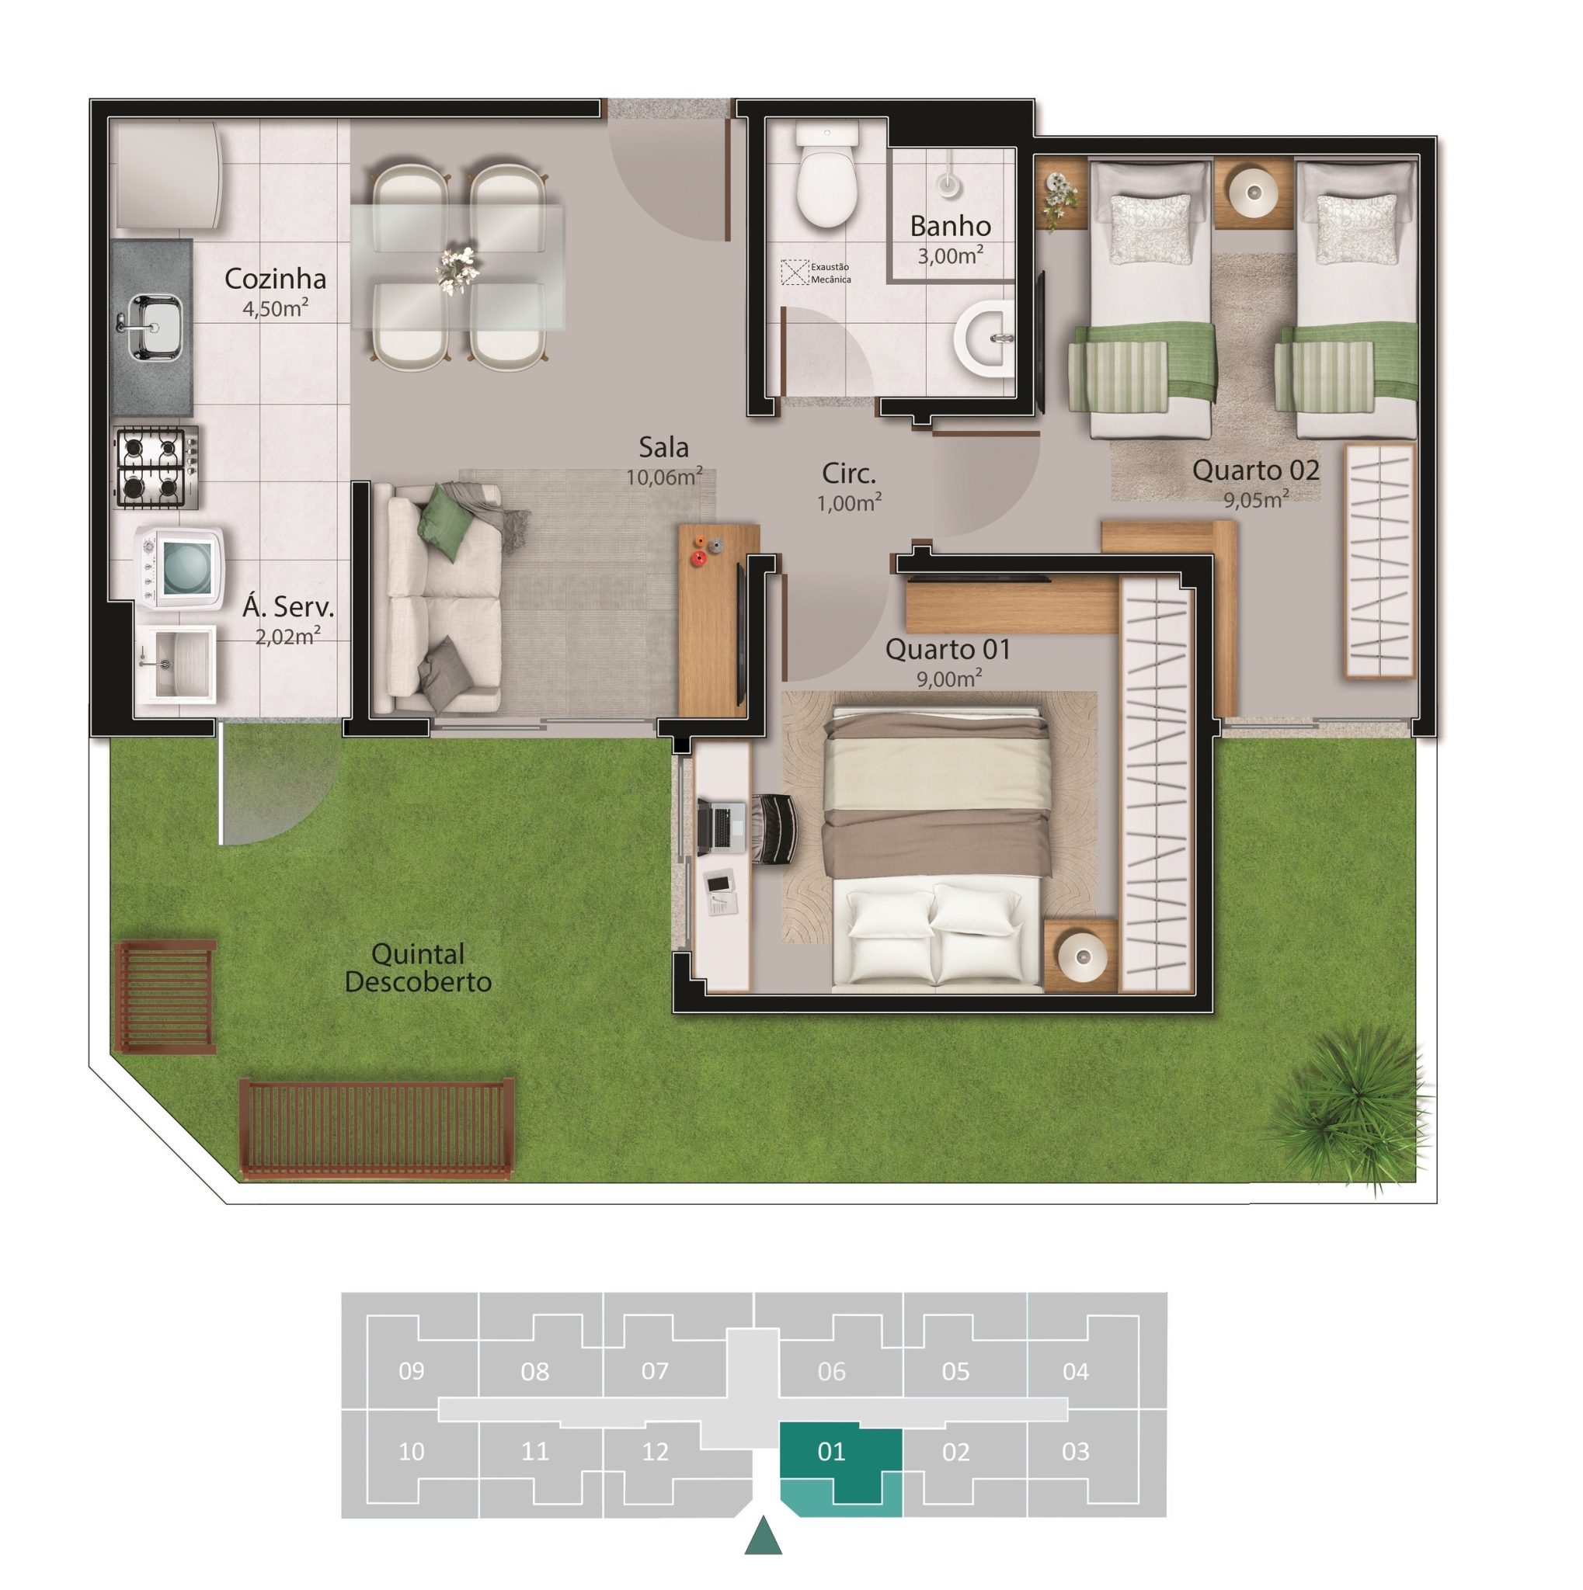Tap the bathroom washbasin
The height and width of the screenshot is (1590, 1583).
click(x=983, y=339)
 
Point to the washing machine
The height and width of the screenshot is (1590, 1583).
click(x=179, y=568)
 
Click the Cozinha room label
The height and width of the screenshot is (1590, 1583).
click(x=275, y=279)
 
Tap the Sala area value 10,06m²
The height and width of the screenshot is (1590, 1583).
click(x=663, y=477)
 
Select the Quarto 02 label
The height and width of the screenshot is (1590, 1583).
click(x=1255, y=470)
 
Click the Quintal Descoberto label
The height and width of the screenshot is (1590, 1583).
click(x=418, y=968)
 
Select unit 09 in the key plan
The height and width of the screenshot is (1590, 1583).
click(x=411, y=1372)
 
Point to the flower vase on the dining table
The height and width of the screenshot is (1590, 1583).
click(x=457, y=269)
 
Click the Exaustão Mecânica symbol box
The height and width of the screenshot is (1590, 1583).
click(x=795, y=273)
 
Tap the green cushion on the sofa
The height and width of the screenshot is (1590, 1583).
click(x=445, y=520)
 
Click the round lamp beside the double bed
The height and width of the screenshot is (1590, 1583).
click(x=1082, y=956)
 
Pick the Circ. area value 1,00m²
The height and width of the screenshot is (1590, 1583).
click(x=849, y=502)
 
